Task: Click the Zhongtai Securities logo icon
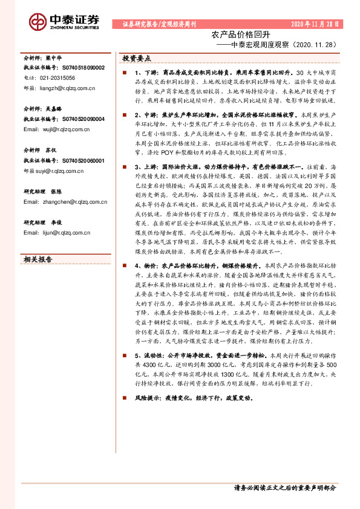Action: point(39,22)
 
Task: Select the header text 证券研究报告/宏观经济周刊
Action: point(159,25)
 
